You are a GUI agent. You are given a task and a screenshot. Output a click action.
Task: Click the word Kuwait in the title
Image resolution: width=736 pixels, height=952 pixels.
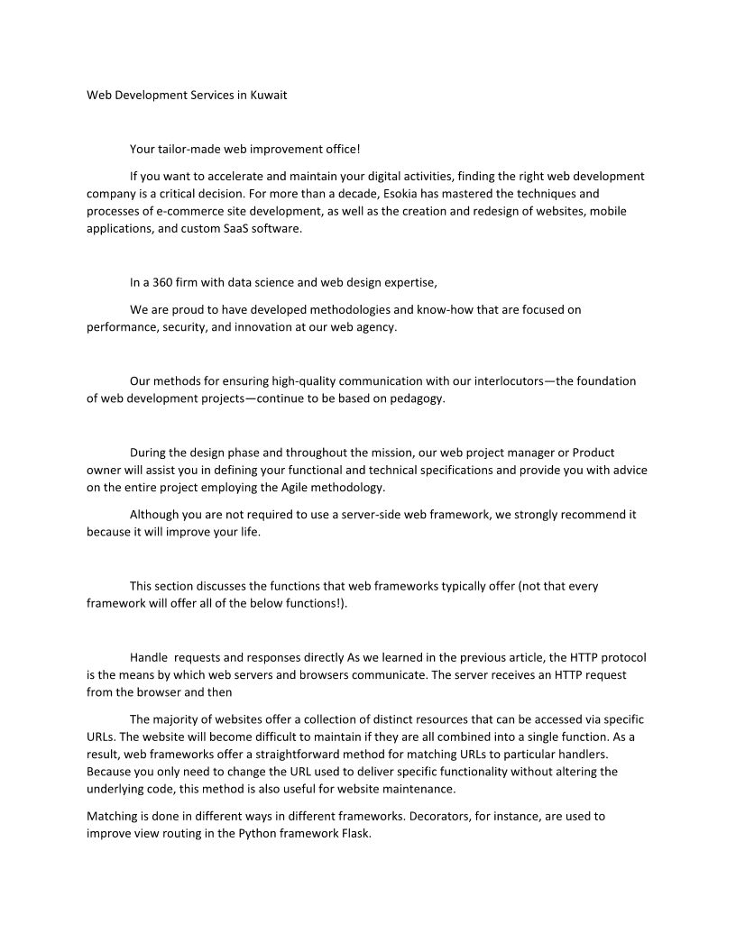[x=268, y=94]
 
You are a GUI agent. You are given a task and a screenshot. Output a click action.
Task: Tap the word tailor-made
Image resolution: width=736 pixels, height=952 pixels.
[x=189, y=149]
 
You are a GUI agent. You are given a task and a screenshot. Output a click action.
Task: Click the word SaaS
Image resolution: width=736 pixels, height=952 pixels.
[x=243, y=228]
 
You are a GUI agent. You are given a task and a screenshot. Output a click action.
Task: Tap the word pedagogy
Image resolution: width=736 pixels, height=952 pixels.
[x=416, y=398]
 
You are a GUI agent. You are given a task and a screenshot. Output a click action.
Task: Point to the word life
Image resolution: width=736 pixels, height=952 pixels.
[x=247, y=531]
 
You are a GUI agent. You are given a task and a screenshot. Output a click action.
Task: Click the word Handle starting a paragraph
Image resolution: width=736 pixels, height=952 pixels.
[x=149, y=656]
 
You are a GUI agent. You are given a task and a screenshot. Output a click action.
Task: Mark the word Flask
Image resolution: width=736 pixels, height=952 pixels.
[x=354, y=833]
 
